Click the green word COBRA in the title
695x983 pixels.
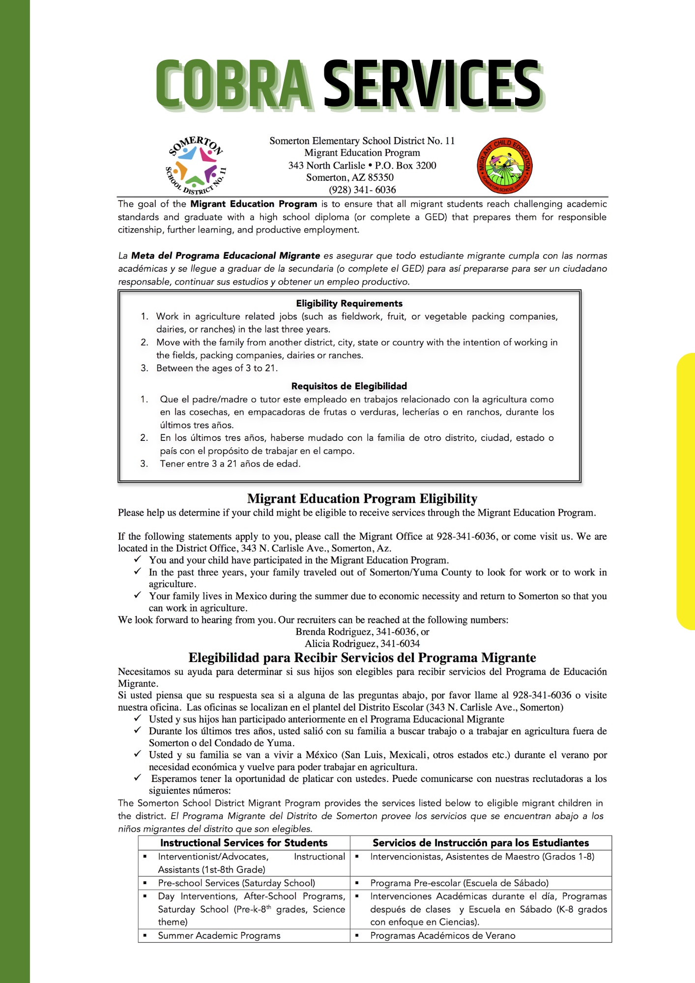233,84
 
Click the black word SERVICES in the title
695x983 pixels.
433,84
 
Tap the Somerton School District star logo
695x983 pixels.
196,165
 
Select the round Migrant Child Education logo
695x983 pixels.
505,166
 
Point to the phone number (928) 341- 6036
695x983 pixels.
362,190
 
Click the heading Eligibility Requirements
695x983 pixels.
349,303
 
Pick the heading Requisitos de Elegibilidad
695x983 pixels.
349,386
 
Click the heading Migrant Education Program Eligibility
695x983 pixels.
362,498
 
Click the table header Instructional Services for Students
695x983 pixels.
244,842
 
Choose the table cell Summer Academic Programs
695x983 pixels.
219,935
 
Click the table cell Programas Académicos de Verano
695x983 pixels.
442,935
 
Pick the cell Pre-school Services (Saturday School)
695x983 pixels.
236,883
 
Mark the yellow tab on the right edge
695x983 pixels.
686,491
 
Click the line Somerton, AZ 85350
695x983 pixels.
350,177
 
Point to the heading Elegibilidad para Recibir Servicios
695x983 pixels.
362,658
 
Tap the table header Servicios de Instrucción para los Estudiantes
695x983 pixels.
481,842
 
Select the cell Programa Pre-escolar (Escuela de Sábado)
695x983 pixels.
459,883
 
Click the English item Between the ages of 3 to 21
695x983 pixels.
217,368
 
